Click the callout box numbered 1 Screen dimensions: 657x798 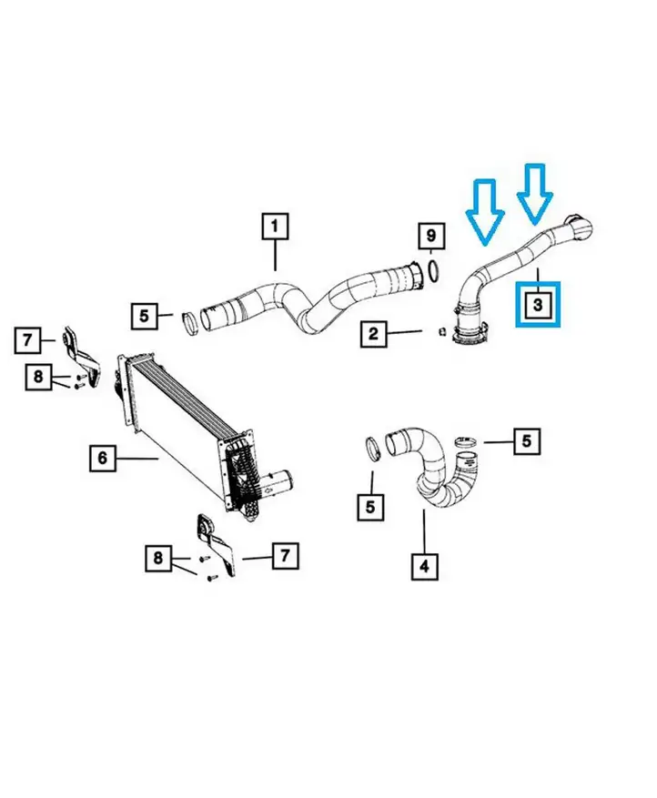[x=275, y=227]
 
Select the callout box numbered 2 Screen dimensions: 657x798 [x=373, y=334]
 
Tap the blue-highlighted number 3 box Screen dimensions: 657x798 [x=538, y=304]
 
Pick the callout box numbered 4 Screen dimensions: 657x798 [x=424, y=566]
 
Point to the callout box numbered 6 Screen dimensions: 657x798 [x=103, y=458]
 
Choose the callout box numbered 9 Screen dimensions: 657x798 [x=431, y=236]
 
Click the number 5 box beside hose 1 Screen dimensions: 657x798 [x=144, y=316]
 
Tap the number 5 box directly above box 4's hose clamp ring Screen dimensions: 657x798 [x=370, y=507]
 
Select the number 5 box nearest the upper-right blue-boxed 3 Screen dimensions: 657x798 [x=527, y=440]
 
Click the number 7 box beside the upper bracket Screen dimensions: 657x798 [x=27, y=339]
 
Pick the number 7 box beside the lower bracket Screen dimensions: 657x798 [x=285, y=555]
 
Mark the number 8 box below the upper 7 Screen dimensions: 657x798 [x=39, y=377]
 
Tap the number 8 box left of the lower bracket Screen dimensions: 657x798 [x=158, y=559]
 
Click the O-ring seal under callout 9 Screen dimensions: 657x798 [x=432, y=270]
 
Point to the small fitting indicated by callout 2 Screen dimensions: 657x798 [x=441, y=332]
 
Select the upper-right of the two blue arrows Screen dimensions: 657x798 [x=534, y=194]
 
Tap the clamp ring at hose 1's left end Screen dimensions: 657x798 [x=190, y=325]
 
